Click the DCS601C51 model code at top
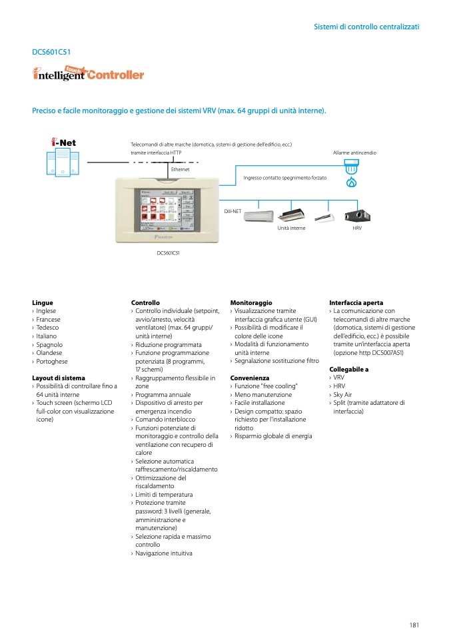click(51, 51)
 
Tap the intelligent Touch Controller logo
click(89, 75)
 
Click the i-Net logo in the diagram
click(64, 143)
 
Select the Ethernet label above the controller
click(180, 170)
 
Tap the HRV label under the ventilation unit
click(356, 228)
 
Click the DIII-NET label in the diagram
click(232, 210)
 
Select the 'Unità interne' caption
click(291, 228)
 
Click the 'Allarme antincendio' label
click(354, 153)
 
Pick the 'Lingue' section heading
click(42, 302)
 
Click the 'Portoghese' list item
click(52, 361)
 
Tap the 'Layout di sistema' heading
click(59, 378)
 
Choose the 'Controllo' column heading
click(145, 302)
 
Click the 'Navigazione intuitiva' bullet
click(164, 553)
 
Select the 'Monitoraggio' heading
click(251, 302)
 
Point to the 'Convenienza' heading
click(250, 378)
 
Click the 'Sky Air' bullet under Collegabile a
click(342, 394)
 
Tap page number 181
click(414, 625)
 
